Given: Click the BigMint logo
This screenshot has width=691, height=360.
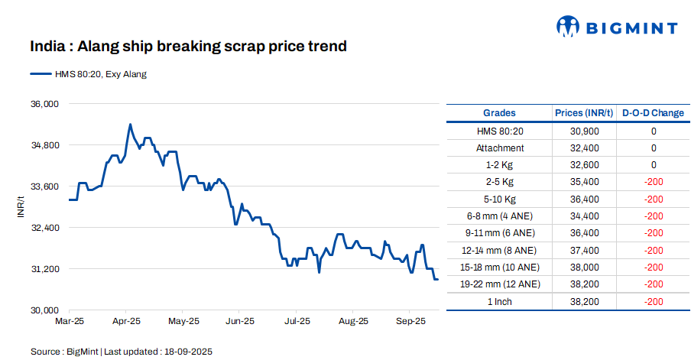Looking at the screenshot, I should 616,28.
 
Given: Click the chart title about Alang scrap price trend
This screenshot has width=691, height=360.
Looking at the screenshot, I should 188,47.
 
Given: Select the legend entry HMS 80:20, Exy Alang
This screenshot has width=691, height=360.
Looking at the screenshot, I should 88,74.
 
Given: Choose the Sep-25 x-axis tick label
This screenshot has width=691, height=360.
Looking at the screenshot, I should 410,322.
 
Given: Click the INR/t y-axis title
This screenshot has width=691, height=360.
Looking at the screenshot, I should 21,206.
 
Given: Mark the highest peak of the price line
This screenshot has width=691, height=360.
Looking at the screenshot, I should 130,124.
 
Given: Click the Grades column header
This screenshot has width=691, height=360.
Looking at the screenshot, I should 499,113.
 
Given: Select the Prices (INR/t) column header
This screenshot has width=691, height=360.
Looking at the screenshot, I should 585,113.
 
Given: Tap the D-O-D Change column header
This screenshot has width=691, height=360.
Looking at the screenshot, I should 653,113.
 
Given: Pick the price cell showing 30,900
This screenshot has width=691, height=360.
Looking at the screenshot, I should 585,131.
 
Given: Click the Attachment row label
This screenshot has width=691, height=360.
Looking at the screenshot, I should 500,148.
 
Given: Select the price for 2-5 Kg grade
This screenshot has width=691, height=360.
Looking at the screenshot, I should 585,182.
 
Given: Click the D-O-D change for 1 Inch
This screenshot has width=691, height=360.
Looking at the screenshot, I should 653,301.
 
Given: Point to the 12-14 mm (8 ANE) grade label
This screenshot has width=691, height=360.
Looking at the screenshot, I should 500,250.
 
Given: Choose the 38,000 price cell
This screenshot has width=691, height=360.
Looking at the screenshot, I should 585,268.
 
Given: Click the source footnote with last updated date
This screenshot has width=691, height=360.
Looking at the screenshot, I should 121,352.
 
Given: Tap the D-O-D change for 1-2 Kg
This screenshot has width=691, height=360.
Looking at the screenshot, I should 653,165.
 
